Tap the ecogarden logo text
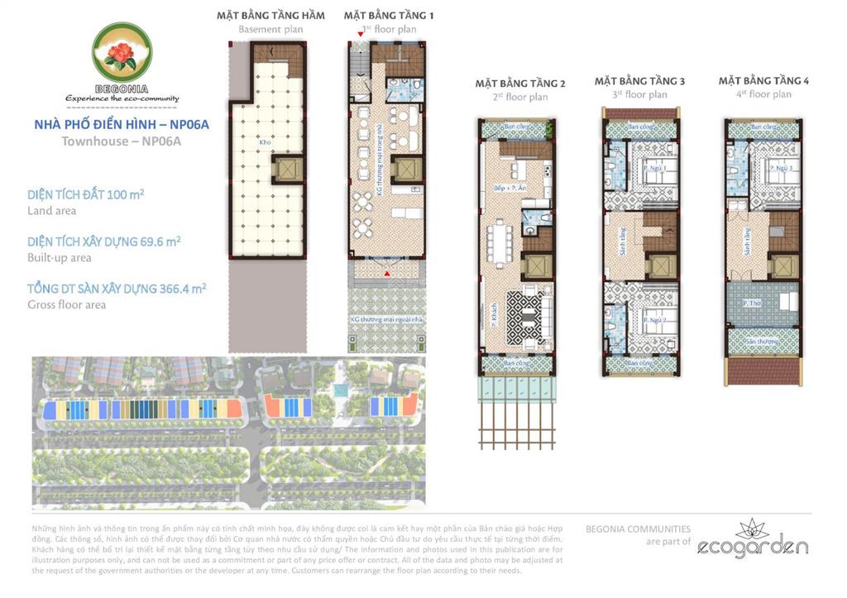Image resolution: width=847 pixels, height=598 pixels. click(x=752, y=546)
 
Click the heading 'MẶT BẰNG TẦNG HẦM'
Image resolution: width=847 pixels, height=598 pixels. click(x=270, y=16)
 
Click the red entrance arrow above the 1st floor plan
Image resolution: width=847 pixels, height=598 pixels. click(x=361, y=32)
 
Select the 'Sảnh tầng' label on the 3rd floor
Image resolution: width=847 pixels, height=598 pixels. click(x=620, y=246)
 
